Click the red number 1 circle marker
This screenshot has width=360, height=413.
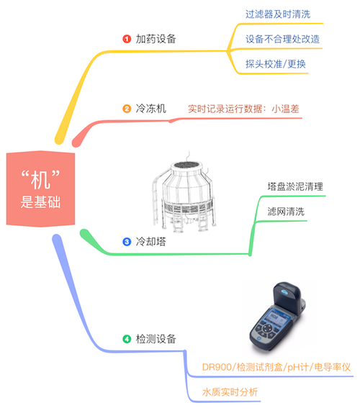coord(127,39)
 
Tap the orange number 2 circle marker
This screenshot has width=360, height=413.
coord(127,109)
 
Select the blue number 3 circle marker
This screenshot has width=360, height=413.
coord(127,242)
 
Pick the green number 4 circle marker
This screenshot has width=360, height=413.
coord(127,339)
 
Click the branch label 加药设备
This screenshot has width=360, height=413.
coord(156,39)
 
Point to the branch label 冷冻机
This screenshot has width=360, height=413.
coord(150,109)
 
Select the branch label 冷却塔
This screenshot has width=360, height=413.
coord(150,242)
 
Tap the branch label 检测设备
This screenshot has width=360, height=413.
coord(156,339)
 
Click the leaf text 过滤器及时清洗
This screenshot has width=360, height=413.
coord(278,14)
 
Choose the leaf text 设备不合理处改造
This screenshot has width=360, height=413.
coord(282,40)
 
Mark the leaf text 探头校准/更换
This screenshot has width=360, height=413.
coord(276,64)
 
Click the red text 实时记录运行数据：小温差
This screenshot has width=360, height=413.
coord(243,109)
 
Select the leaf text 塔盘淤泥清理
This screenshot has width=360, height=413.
coord(295,187)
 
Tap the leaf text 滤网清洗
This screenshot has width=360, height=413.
coord(286,212)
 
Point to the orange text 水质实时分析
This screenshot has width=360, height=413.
coord(230,392)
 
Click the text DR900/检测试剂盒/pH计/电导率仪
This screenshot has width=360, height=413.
coord(276,367)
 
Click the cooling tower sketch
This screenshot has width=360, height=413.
coord(184,194)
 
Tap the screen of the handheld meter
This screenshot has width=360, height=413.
coord(276,319)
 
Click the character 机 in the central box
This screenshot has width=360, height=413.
coord(40,180)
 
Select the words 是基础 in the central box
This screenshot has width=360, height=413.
coord(40,202)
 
